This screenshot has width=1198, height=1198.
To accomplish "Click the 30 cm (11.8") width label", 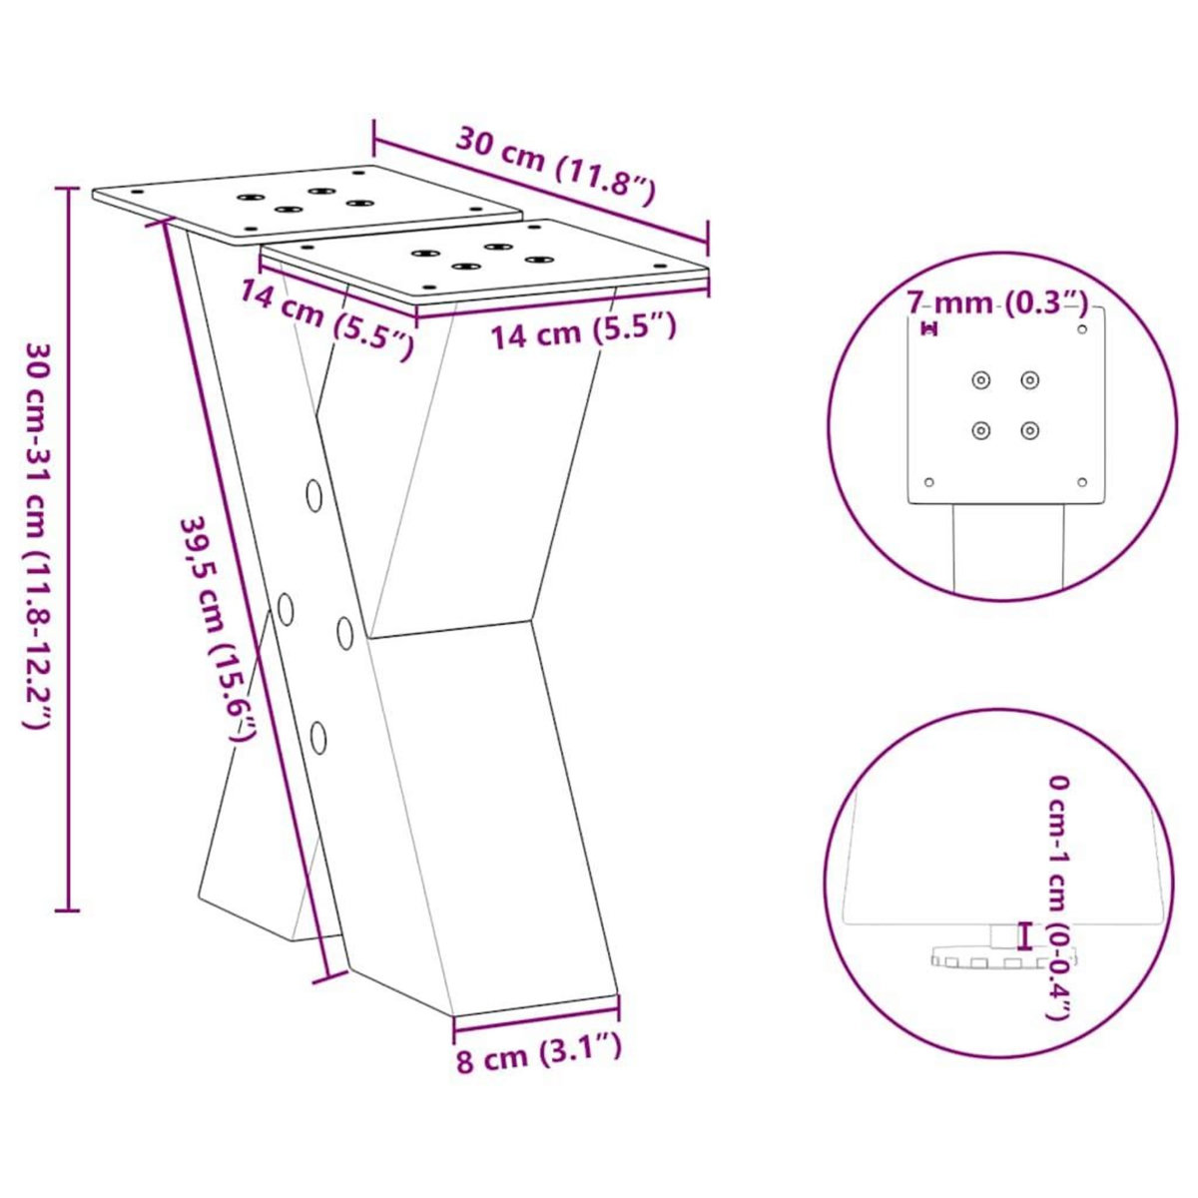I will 555,165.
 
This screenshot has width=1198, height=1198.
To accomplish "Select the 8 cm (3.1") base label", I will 539,1053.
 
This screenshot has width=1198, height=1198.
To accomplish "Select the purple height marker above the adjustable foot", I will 1022,935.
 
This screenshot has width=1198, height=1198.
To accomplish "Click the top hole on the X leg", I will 314,495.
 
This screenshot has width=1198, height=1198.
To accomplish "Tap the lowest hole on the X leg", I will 318,737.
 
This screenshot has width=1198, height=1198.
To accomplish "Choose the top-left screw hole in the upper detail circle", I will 982,379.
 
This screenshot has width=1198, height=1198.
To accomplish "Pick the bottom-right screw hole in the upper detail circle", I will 1029,430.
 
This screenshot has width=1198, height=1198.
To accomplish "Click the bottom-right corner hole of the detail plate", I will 1082,481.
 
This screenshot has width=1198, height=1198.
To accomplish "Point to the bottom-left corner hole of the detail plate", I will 929,481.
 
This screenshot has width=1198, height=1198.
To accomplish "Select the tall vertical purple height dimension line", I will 68,549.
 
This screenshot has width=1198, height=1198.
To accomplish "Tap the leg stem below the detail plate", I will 1013,549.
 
